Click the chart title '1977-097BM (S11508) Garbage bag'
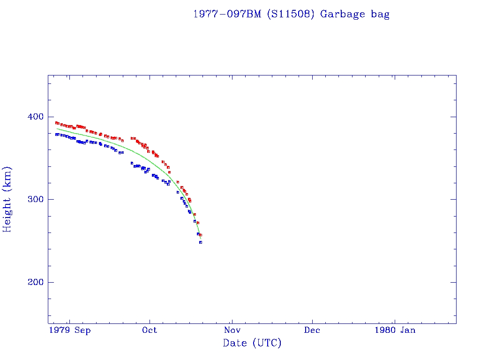[x=291, y=14]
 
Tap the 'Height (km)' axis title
[x=7, y=199]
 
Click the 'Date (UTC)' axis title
[x=252, y=343]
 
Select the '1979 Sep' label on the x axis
[x=70, y=330]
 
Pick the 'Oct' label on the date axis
[x=150, y=330]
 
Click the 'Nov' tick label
[x=232, y=330]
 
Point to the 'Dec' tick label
[x=312, y=330]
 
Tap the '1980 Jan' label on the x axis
[x=394, y=330]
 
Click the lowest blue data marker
[x=201, y=242]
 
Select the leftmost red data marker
[x=56, y=123]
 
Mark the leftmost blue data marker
[x=56, y=135]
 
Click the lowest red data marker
[x=201, y=235]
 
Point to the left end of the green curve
[x=57, y=128]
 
